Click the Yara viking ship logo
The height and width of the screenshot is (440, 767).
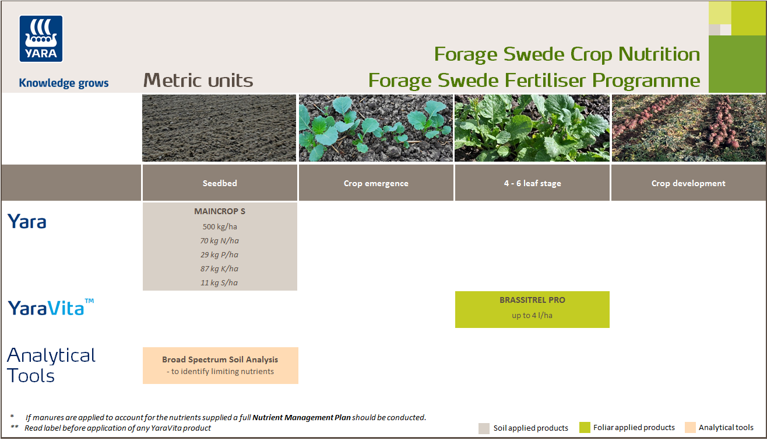point(41,39)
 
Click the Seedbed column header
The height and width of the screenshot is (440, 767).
point(220,183)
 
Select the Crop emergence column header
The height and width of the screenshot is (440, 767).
point(376,183)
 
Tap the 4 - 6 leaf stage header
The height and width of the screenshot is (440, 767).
point(532,183)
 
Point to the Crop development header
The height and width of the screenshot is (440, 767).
point(688,183)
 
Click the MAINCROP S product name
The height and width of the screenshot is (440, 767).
point(220,211)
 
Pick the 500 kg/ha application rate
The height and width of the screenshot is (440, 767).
point(220,226)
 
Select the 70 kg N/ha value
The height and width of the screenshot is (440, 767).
point(220,240)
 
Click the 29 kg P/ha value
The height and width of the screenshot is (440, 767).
point(220,254)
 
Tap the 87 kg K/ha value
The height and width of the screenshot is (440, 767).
point(220,268)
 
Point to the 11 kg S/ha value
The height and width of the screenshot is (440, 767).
point(220,282)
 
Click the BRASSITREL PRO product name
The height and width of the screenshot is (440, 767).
point(532,301)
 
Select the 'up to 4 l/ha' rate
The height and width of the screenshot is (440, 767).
point(532,316)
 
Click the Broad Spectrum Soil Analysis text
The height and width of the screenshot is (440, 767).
point(220,359)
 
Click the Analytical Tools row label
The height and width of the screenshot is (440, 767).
point(51,365)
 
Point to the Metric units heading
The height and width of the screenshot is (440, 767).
point(198,81)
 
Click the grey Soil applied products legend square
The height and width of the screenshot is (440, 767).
point(484,428)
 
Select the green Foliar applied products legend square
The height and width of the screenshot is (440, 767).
point(585,428)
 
